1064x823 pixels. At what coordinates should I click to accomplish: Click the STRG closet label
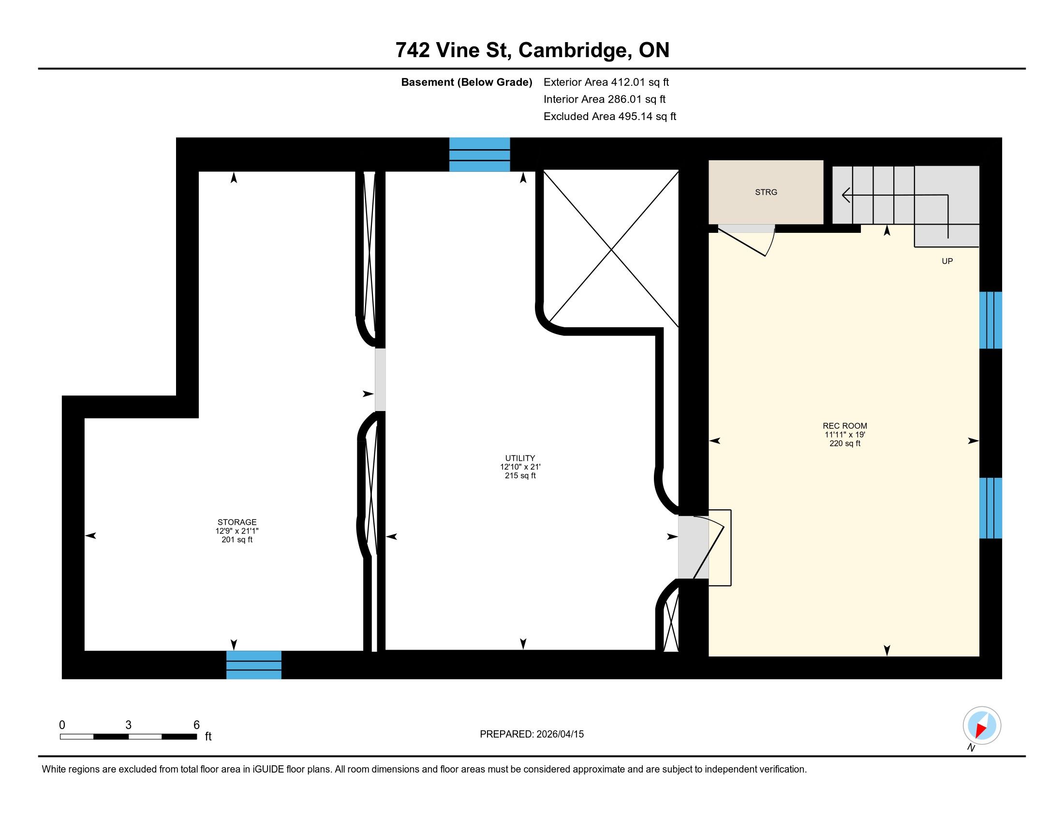tap(766, 192)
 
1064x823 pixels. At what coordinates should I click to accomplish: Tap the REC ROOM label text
tap(845, 426)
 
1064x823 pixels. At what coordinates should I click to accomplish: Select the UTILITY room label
tap(520, 458)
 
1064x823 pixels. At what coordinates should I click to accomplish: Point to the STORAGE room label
tap(237, 522)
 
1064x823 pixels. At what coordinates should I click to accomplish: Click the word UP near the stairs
tap(947, 261)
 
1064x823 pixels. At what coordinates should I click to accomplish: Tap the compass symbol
tap(982, 726)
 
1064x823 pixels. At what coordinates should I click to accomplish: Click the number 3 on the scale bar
tap(129, 725)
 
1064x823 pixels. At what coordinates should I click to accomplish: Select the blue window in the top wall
tap(479, 154)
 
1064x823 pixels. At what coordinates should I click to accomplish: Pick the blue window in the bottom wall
tap(254, 665)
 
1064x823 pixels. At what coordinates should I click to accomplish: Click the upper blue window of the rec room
tap(990, 320)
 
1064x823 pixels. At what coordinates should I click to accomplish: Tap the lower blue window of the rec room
tap(990, 508)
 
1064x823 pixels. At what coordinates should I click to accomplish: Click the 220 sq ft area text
tap(845, 443)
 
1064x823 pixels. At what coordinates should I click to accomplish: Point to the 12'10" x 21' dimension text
tap(520, 467)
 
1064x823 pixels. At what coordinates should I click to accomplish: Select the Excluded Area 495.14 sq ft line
tap(610, 117)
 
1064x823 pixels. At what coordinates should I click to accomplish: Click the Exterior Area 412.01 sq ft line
tap(606, 82)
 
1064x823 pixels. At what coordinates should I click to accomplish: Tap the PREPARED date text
tap(532, 734)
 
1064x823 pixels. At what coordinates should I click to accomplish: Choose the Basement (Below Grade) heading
tap(466, 82)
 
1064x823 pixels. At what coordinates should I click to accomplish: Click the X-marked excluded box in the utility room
tap(611, 249)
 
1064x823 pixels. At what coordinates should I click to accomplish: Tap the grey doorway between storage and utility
tap(380, 380)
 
